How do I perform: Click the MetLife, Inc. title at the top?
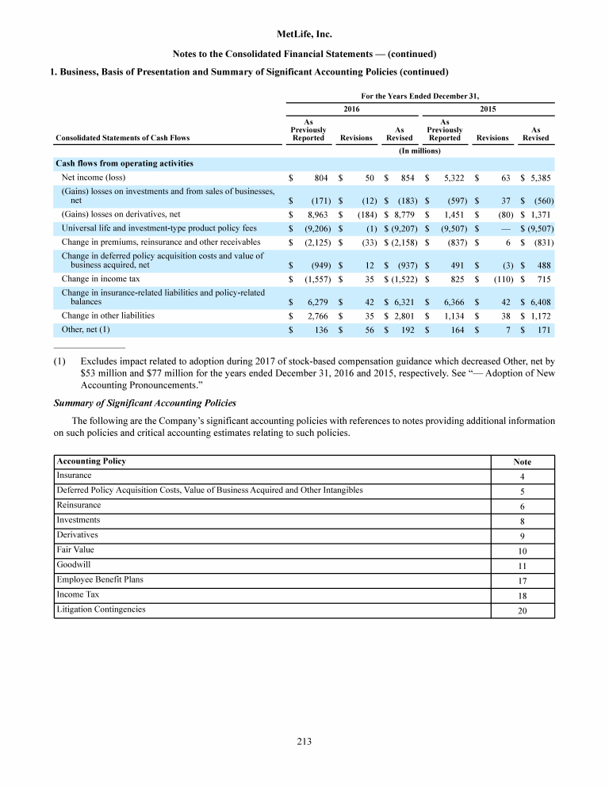pos(304,35)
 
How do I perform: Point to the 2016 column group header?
pos(351,107)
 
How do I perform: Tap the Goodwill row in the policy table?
pos(72,564)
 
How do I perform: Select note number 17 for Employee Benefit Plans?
pos(521,580)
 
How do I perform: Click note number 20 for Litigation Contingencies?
pos(521,610)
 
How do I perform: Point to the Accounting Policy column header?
pos(91,461)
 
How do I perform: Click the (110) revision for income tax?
pos(498,280)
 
